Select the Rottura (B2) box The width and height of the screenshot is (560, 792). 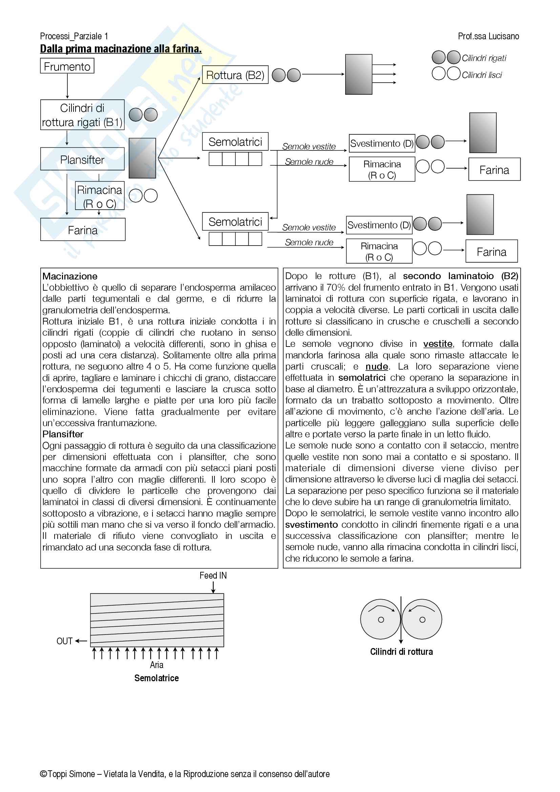(235, 75)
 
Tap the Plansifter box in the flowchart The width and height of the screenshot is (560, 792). (82, 159)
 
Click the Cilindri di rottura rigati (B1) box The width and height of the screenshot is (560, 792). (82, 115)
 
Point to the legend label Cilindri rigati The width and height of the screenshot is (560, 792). (484, 58)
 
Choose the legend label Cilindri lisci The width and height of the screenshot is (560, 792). (482, 75)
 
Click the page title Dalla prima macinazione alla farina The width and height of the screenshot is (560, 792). (121, 49)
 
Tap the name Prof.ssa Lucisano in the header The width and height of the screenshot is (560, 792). (488, 36)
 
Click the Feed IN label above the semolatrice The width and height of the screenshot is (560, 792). (213, 576)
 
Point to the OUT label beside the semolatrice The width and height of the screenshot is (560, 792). (64, 641)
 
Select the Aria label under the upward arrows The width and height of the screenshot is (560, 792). (157, 665)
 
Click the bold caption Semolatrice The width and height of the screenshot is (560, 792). (157, 678)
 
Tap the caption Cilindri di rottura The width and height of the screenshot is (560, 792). (401, 652)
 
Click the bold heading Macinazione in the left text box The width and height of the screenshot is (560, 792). (70, 276)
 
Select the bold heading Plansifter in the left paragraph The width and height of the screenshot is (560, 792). (63, 434)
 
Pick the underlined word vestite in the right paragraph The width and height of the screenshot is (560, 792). (437, 344)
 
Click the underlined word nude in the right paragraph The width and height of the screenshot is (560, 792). (376, 366)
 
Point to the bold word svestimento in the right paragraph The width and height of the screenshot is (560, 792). (311, 524)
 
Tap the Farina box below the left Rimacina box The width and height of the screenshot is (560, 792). (83, 230)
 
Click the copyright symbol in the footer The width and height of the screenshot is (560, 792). (43, 774)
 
